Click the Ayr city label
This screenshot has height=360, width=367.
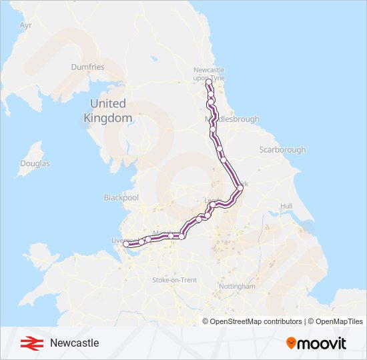click(26, 25)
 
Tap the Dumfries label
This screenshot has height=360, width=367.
click(88, 67)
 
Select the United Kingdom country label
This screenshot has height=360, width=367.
click(107, 111)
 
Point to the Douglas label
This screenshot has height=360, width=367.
click(35, 163)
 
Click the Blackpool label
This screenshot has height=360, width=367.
click(121, 198)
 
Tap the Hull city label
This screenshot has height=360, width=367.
click(286, 207)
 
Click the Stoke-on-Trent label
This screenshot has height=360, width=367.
click(175, 280)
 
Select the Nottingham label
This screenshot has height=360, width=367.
click(237, 286)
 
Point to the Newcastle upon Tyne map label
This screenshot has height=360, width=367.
click(209, 73)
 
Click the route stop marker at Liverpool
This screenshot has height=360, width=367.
click(127, 245)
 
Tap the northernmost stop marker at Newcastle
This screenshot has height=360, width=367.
click(208, 85)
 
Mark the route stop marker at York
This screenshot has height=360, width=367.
click(240, 188)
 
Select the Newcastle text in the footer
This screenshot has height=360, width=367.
click(74, 343)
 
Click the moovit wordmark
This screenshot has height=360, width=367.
click(322, 343)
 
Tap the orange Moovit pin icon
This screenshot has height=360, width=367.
click(291, 343)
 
